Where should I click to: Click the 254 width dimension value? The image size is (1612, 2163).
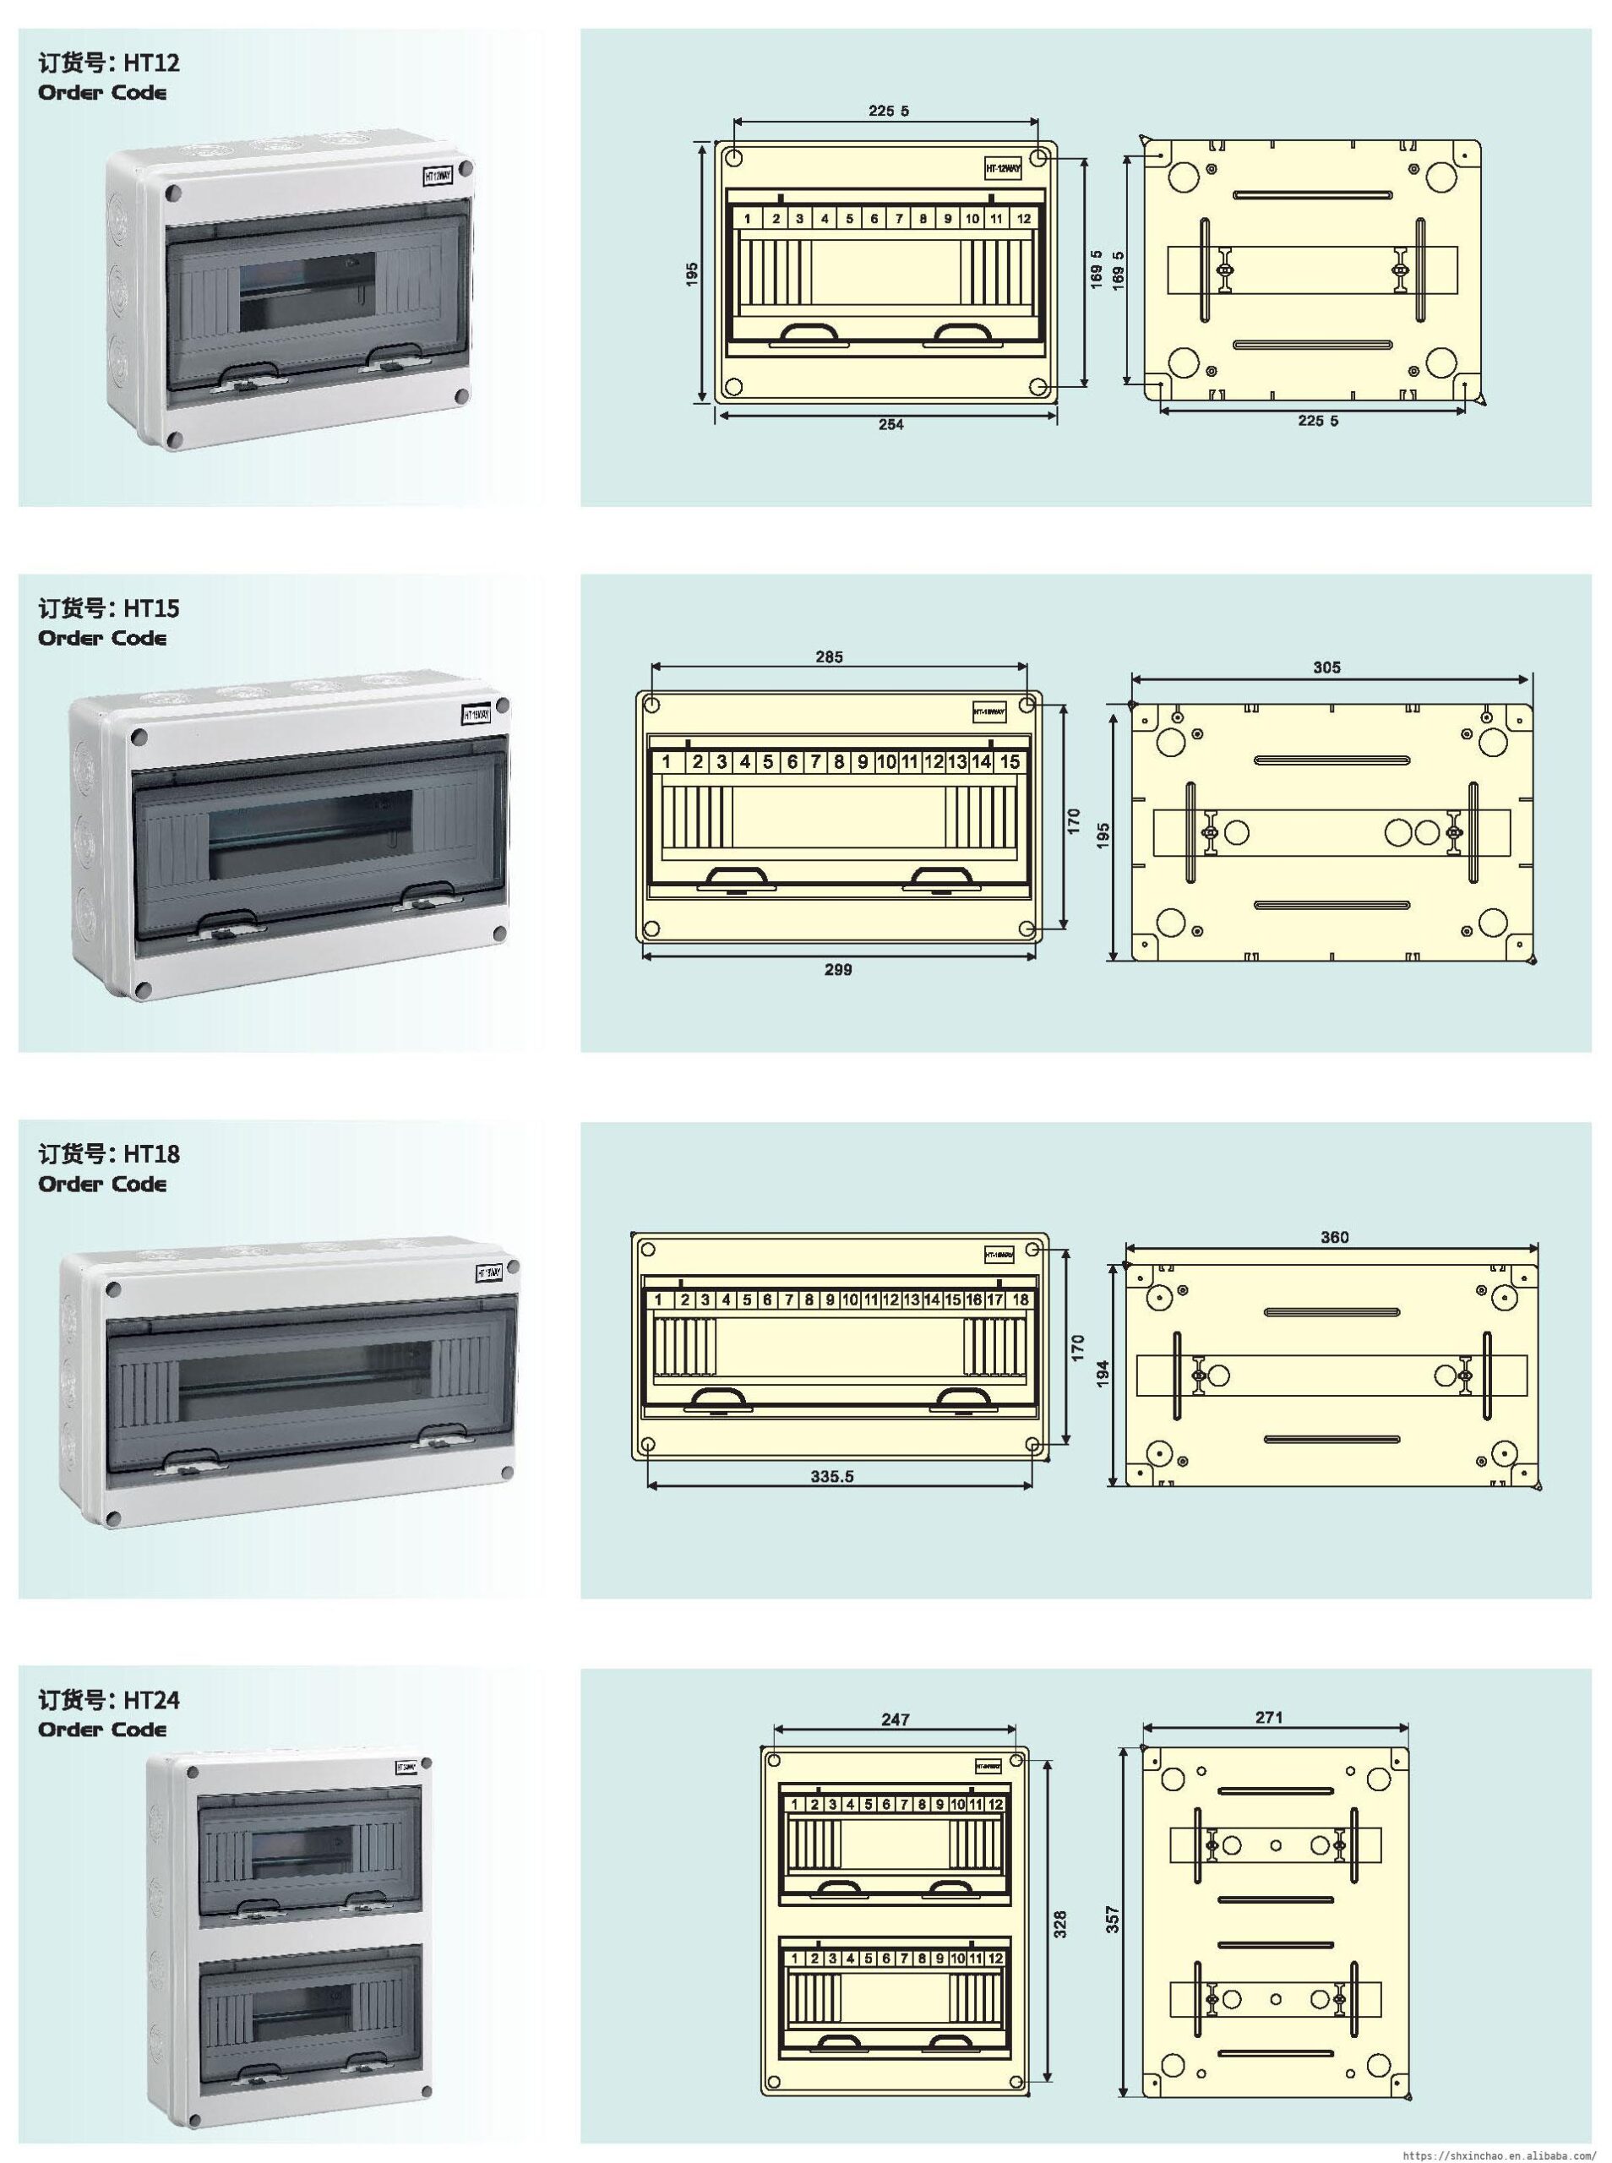pos(890,424)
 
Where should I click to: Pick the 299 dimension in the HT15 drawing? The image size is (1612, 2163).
pos(837,970)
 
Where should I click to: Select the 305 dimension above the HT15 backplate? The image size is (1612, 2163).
pos(1326,668)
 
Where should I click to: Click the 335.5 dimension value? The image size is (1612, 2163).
pos(831,1477)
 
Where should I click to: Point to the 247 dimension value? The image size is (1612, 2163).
pos(895,1720)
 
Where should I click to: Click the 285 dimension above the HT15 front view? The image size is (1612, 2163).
pos(829,657)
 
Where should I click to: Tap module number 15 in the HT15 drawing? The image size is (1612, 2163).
pos(1009,762)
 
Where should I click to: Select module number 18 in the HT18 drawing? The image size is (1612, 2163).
pos(1020,1300)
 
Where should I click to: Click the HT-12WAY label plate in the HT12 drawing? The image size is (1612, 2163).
pos(1002,169)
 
